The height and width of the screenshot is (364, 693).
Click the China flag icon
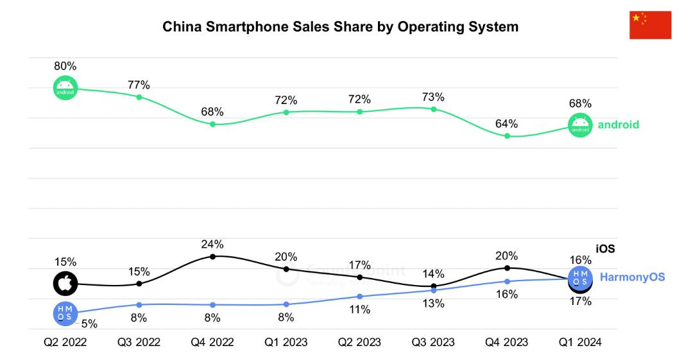pos(650,25)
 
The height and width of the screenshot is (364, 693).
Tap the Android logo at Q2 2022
pos(65,88)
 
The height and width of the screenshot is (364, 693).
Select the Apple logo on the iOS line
pos(65,284)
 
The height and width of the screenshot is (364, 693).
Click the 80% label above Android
pos(65,66)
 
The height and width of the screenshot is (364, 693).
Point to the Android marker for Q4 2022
pos(212,125)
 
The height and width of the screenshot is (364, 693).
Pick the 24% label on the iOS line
pos(212,244)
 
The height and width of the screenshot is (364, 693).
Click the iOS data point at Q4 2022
pos(212,257)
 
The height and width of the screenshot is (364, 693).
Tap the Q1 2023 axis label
pos(286,342)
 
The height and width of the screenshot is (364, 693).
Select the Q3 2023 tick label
pos(433,342)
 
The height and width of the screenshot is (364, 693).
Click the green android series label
pos(619,125)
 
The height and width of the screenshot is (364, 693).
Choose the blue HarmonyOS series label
pos(633,277)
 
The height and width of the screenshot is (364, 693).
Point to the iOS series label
pos(605,248)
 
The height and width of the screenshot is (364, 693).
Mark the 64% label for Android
pos(506,124)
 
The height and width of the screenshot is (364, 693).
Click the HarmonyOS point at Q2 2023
pos(360,297)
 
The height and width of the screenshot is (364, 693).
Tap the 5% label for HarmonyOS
pos(89,324)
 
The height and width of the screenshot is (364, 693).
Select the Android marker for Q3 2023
pos(434,108)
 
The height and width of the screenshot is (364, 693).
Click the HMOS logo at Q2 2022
pos(65,313)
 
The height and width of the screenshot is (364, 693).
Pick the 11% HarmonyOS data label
pos(360,309)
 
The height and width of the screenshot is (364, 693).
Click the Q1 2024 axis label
pos(580,342)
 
